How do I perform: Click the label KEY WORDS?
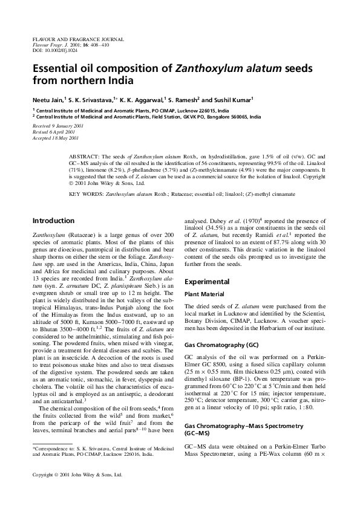pyautogui.click(x=87, y=194)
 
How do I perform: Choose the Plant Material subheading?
pyautogui.click(x=205, y=296)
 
